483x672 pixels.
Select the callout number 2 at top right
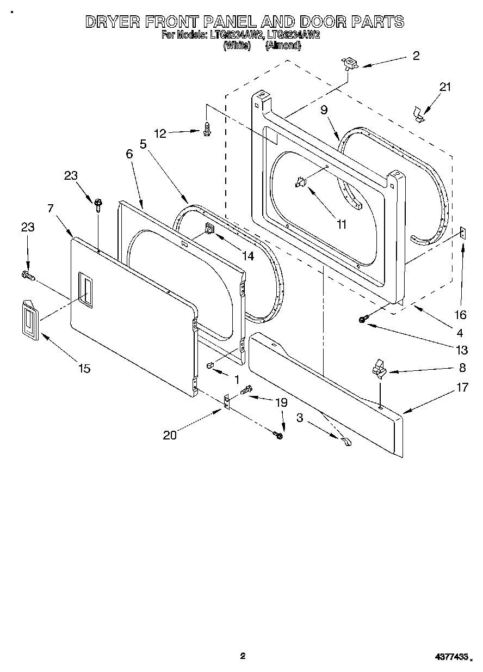coord(416,56)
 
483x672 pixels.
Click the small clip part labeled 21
coord(418,115)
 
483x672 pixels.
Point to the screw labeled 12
coord(206,130)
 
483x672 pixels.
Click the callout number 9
coord(324,111)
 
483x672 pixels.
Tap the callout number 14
coord(248,256)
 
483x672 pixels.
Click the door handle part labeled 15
coord(29,323)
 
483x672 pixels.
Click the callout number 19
coord(280,403)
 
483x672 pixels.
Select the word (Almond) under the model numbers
coord(283,46)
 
